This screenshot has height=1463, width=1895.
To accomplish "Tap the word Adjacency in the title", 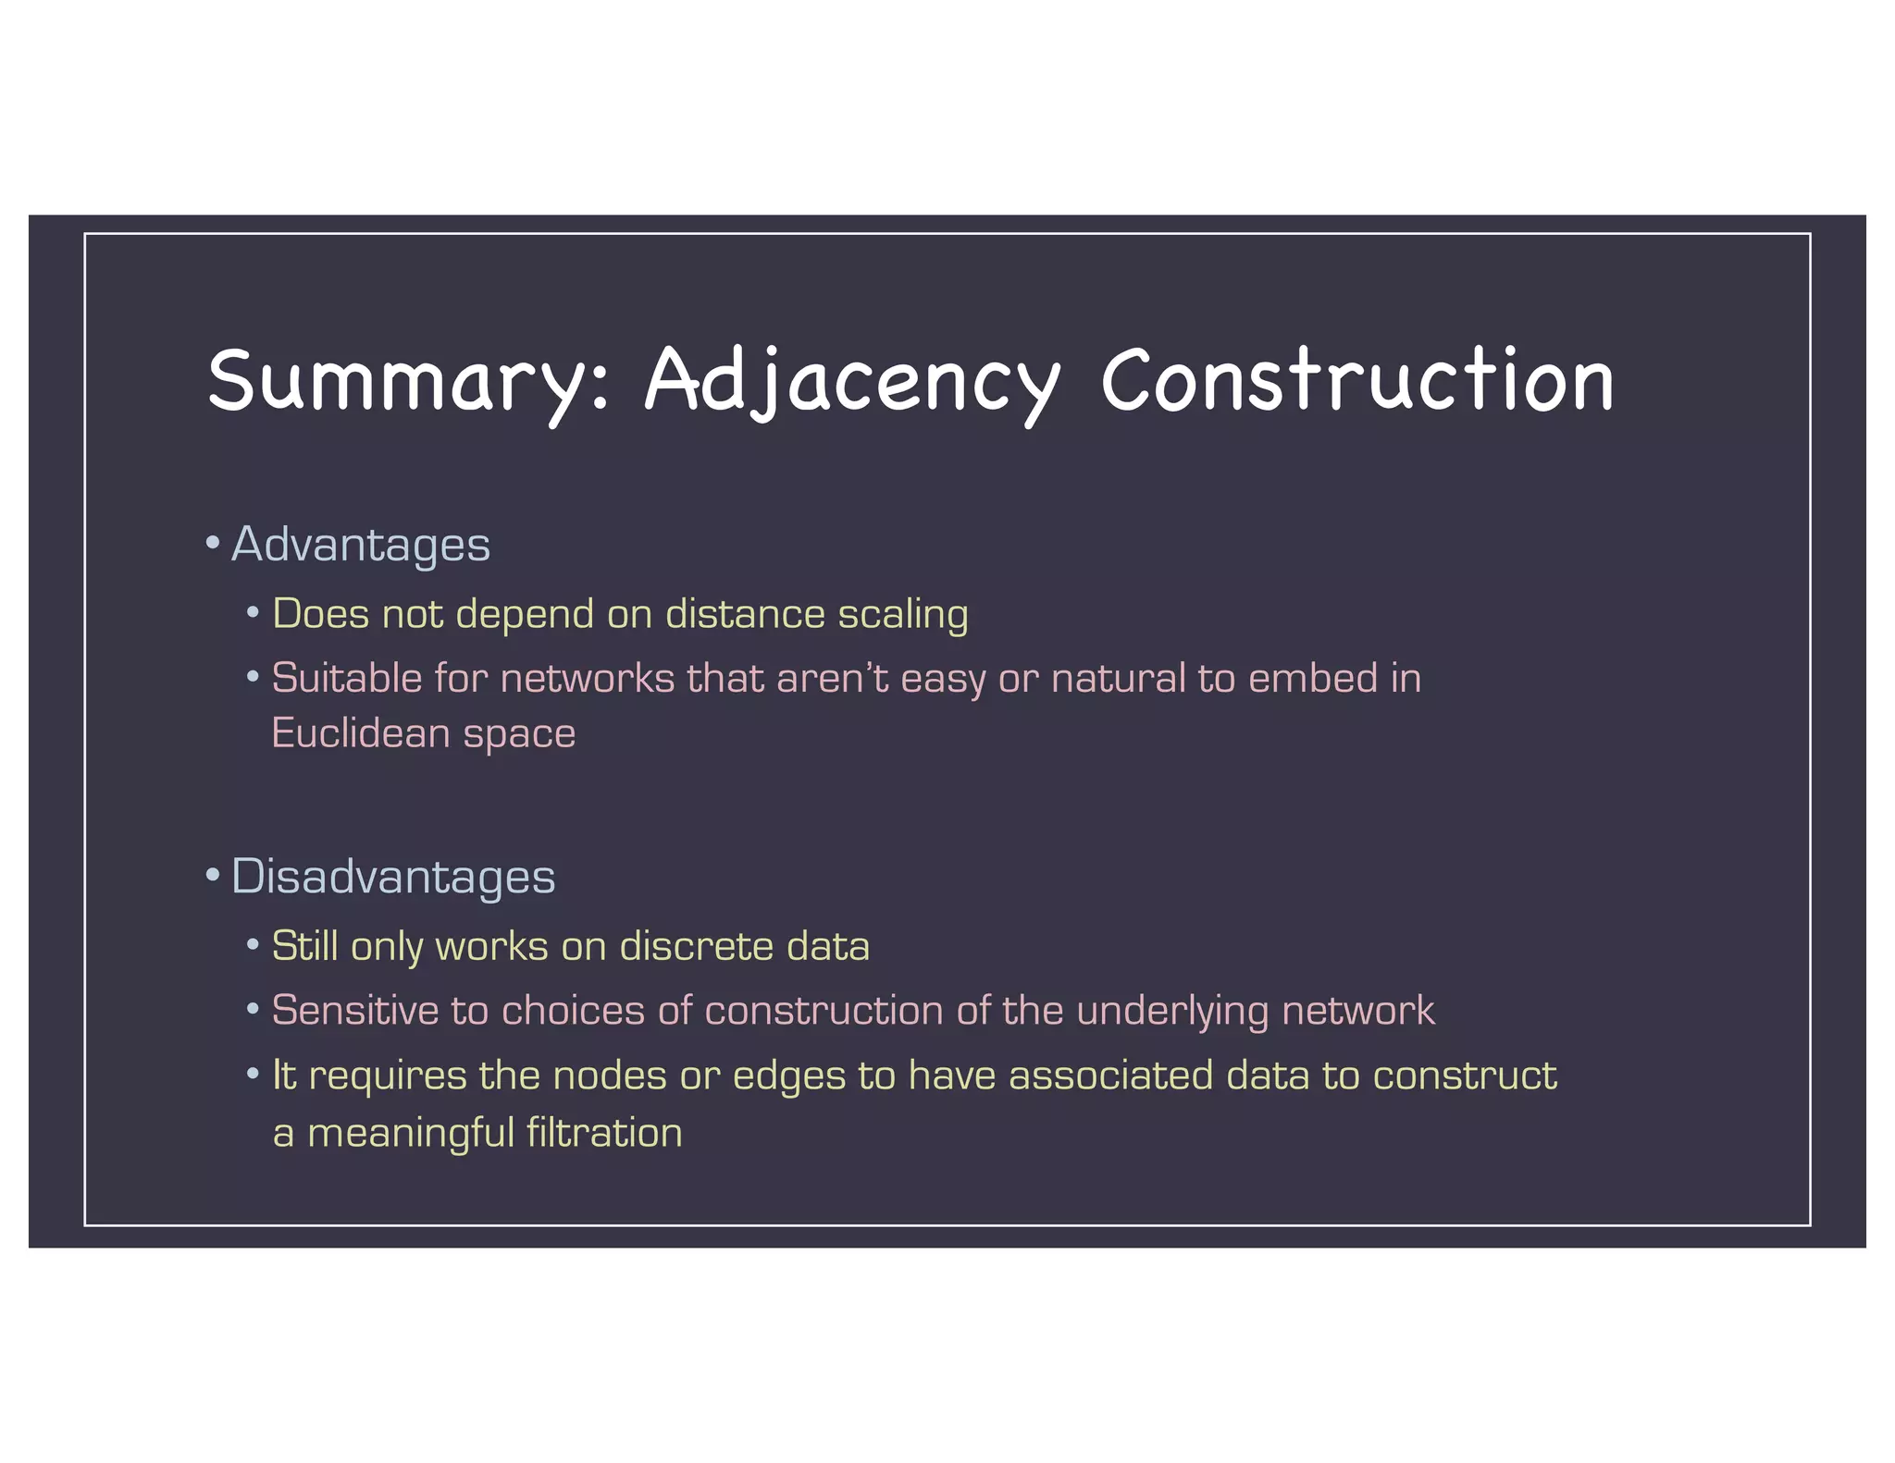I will pyautogui.click(x=852, y=381).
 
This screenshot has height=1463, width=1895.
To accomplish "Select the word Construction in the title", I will pyautogui.click(x=1357, y=381).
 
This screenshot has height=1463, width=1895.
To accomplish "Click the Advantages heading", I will pyautogui.click(x=360, y=544).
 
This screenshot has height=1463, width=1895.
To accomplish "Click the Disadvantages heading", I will pyautogui.click(x=392, y=876).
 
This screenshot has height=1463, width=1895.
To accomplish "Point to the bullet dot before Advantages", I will pyautogui.click(x=213, y=543).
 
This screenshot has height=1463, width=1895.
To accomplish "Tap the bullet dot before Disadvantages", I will pyautogui.click(x=213, y=875).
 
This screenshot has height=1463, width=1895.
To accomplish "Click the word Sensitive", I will pyautogui.click(x=355, y=1010).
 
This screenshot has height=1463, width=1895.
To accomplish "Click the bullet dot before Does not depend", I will pyautogui.click(x=253, y=613).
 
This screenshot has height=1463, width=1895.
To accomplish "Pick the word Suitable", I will pyautogui.click(x=346, y=678).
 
